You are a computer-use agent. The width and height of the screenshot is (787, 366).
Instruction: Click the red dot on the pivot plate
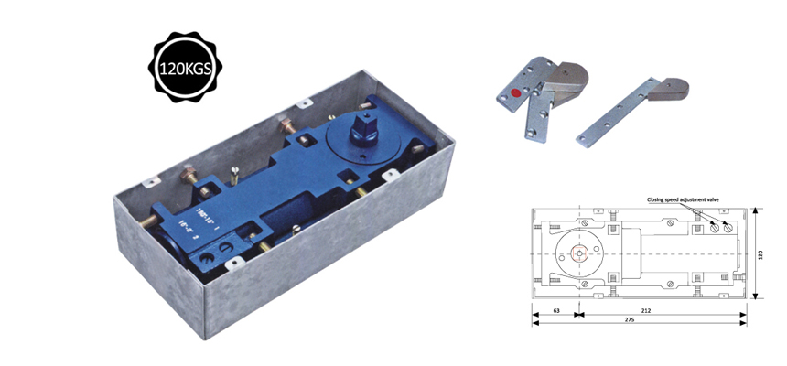point(517,91)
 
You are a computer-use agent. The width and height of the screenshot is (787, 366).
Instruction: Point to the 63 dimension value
point(555,311)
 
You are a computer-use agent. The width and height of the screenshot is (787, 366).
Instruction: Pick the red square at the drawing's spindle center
point(578,253)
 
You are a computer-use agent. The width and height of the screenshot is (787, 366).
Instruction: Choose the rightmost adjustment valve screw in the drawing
point(728,228)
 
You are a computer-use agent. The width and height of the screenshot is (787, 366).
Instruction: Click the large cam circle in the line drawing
point(578,253)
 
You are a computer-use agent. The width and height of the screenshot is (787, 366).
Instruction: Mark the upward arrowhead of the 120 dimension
point(755,211)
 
